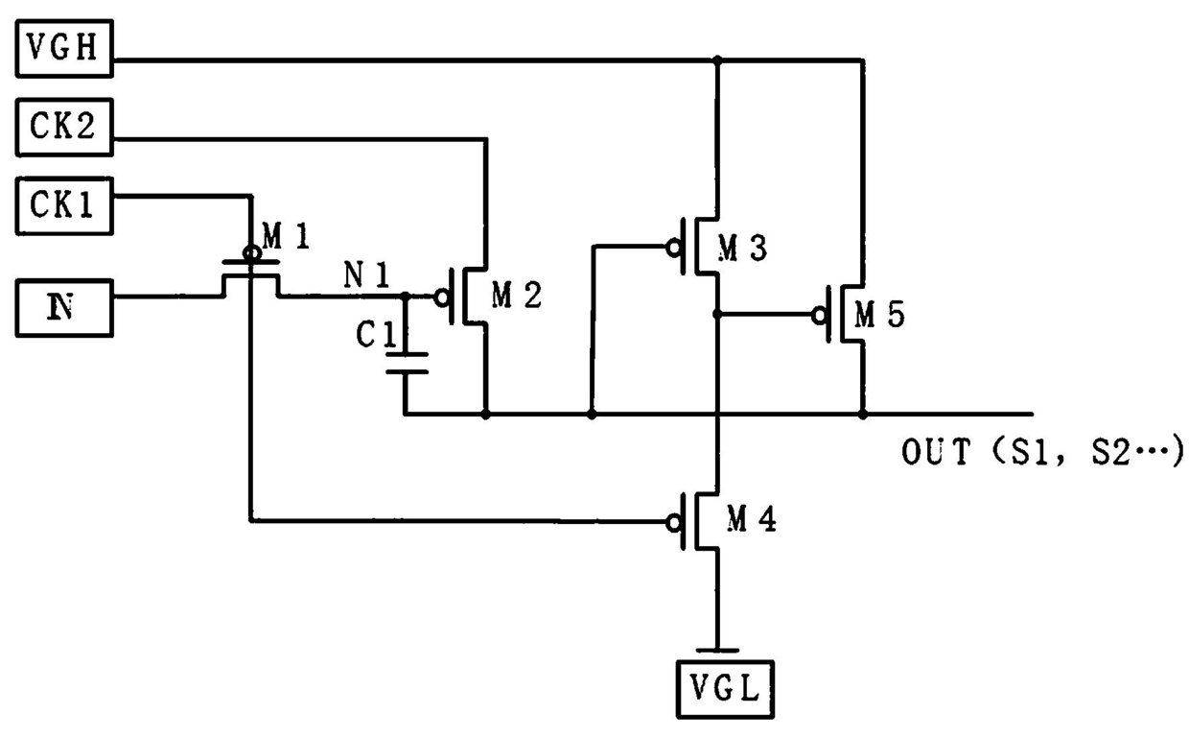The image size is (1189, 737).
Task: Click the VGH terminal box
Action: [64, 49]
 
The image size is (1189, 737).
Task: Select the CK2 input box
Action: [64, 128]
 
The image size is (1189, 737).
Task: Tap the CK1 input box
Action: [64, 206]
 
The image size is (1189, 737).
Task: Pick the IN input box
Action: [64, 308]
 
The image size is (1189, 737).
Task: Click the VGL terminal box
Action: [725, 690]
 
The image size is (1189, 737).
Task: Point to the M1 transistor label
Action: [286, 236]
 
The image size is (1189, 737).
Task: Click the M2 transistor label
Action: [517, 296]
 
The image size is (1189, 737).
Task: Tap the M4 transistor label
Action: [752, 518]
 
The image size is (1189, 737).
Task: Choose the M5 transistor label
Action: [879, 314]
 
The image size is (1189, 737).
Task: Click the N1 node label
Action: [367, 274]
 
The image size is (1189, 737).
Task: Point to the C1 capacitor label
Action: [376, 335]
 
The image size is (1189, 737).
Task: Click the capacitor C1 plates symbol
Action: [407, 363]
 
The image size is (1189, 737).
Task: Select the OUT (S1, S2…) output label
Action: [1042, 452]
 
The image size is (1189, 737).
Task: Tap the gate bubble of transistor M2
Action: [442, 297]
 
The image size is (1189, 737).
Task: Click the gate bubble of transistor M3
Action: [674, 248]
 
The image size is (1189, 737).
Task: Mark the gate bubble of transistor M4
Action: [674, 523]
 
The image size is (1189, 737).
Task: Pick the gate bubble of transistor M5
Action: [820, 316]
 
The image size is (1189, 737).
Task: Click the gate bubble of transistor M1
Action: [251, 253]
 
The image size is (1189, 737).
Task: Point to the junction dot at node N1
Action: [406, 296]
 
